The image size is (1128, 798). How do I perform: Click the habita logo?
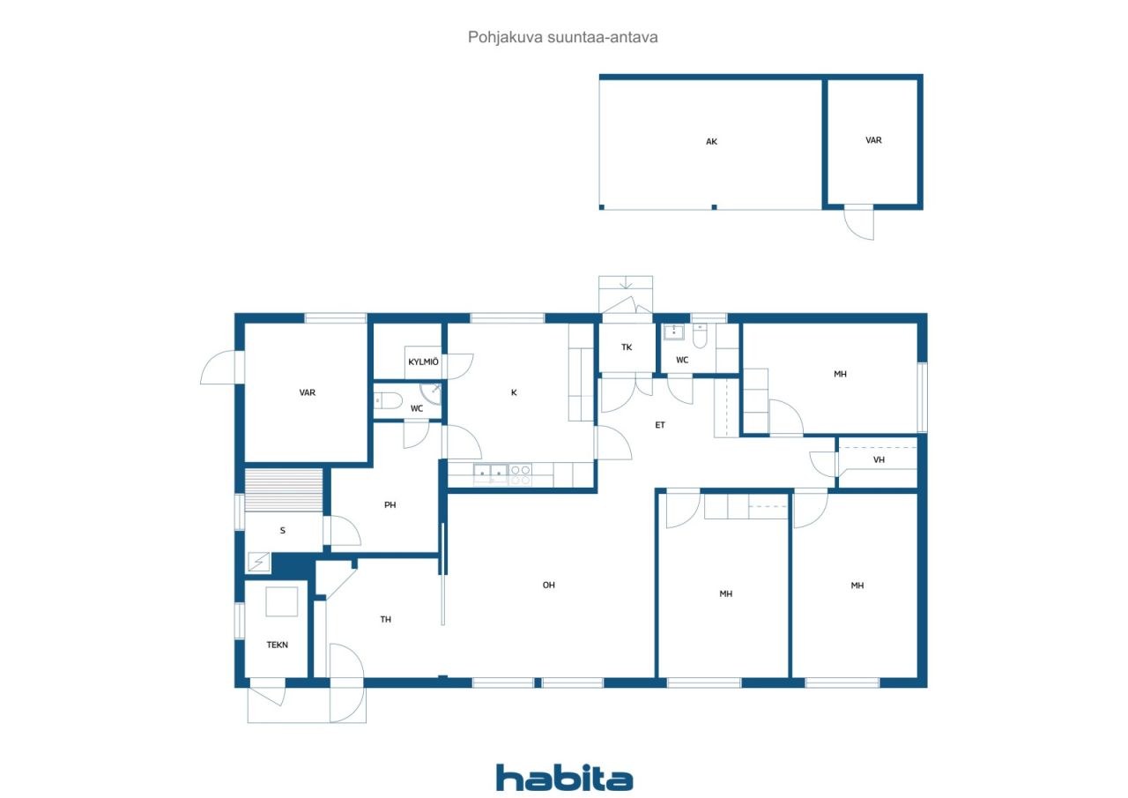pyautogui.click(x=564, y=778)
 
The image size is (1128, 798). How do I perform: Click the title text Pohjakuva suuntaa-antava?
pyautogui.click(x=563, y=37)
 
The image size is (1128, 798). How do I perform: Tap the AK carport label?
pyautogui.click(x=711, y=141)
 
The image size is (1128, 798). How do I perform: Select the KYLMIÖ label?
pyautogui.click(x=423, y=362)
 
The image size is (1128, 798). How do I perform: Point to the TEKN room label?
pyautogui.click(x=278, y=645)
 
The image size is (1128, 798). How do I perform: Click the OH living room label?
pyautogui.click(x=548, y=585)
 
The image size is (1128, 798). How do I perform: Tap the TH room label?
pyautogui.click(x=385, y=620)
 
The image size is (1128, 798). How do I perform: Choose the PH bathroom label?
pyautogui.click(x=390, y=505)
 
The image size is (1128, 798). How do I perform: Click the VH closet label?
pyautogui.click(x=879, y=460)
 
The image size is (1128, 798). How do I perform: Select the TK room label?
pyautogui.click(x=627, y=347)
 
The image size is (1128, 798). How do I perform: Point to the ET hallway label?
pyautogui.click(x=660, y=425)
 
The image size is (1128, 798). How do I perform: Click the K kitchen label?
pyautogui.click(x=514, y=392)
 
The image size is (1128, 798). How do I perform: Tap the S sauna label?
pyautogui.click(x=282, y=531)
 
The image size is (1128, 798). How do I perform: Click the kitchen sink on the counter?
pyautogui.click(x=490, y=475)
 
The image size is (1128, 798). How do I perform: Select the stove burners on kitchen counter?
pyautogui.click(x=520, y=475)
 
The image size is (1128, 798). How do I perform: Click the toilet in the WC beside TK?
pyautogui.click(x=700, y=336)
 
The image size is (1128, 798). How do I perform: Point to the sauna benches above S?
pyautogui.click(x=284, y=489)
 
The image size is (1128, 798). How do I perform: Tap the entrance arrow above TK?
pyautogui.click(x=626, y=284)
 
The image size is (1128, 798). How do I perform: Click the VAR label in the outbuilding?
pyautogui.click(x=873, y=140)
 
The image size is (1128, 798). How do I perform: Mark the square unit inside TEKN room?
pyautogui.click(x=282, y=601)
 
